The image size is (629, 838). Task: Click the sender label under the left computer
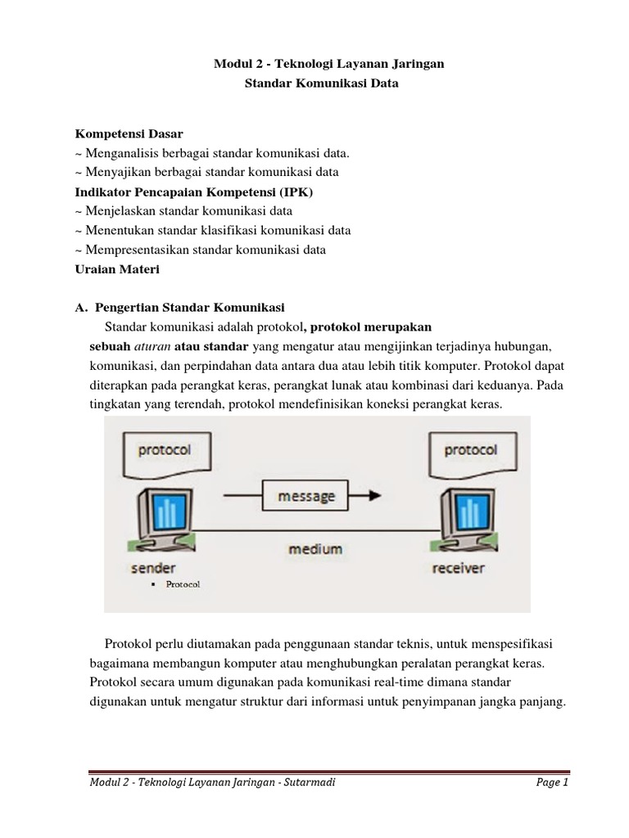[152, 567]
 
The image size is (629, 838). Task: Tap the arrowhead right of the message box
[373, 495]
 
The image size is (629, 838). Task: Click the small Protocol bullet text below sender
[183, 584]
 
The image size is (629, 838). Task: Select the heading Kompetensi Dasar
[129, 133]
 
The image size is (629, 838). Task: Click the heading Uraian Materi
[117, 268]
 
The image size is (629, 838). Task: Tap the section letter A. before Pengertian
[80, 308]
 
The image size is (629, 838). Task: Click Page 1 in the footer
[552, 782]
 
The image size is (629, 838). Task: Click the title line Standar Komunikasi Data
[322, 83]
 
